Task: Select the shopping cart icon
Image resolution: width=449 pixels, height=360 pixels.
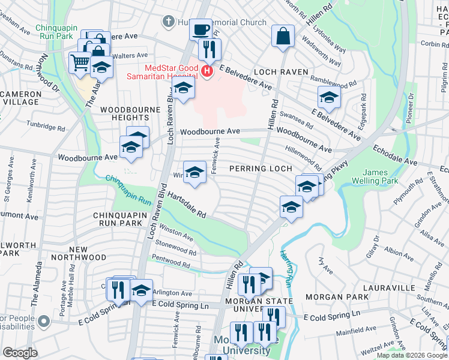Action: point(80,61)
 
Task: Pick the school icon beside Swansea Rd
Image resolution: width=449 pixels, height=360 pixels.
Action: point(329,97)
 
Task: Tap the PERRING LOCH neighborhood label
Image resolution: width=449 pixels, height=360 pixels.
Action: point(261,169)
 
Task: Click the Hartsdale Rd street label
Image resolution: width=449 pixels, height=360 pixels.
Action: point(187,205)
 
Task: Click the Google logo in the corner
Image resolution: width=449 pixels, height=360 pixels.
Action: point(20,353)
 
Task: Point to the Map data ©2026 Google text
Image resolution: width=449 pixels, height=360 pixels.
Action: point(411,355)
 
